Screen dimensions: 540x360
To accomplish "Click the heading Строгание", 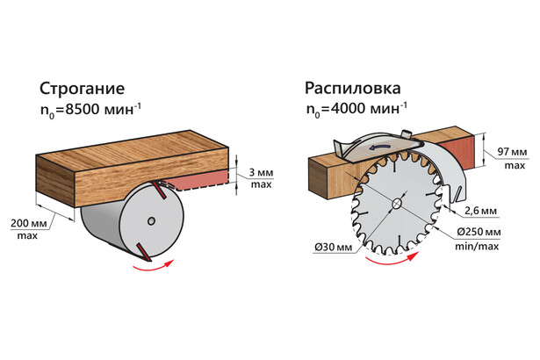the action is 82,89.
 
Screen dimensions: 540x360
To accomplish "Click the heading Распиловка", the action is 353,90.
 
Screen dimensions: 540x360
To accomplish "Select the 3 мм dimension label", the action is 261,172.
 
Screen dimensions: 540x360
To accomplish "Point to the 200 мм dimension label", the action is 29,223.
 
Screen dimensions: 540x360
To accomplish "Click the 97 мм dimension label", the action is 512,152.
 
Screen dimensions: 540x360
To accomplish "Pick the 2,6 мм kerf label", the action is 480,211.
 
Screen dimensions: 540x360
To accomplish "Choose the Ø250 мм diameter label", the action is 479,232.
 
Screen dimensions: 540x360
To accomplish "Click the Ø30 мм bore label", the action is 334,247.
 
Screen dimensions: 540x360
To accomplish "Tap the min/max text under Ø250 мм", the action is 477,247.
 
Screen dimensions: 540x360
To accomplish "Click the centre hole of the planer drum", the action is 151,220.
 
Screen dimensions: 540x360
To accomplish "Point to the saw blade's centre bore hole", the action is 397,204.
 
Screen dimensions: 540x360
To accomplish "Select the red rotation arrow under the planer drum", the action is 153,266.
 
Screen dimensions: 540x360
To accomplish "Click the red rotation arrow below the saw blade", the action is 392,259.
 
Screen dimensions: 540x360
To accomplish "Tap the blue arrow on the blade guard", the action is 379,148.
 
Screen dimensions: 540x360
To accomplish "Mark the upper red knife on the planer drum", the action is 159,191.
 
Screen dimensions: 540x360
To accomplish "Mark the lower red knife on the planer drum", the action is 143,252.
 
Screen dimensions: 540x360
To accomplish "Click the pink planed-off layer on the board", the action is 198,180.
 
